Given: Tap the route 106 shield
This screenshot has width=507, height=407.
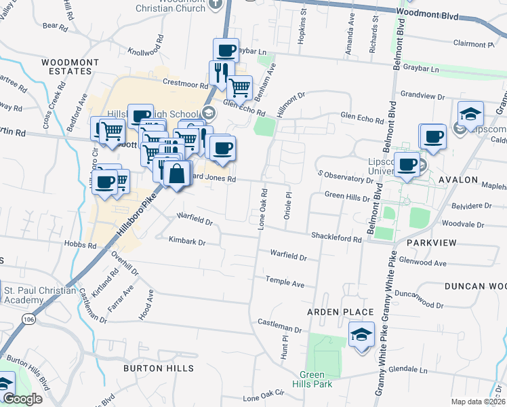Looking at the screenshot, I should pyautogui.click(x=30, y=319).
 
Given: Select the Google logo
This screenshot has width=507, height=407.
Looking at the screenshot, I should pyautogui.click(x=22, y=399).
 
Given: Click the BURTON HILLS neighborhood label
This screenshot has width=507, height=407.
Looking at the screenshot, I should pyautogui.click(x=158, y=368).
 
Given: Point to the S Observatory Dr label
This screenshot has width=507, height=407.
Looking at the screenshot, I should pyautogui.click(x=346, y=177).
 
